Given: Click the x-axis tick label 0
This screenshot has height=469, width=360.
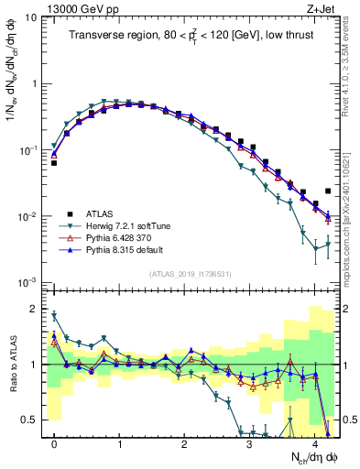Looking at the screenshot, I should [x=54, y=442].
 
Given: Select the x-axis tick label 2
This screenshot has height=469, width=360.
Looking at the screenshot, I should [x=184, y=442].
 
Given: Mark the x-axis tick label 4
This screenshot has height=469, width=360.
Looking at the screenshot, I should [x=314, y=442].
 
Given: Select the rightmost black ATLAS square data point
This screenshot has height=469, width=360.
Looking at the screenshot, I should [x=328, y=191].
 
